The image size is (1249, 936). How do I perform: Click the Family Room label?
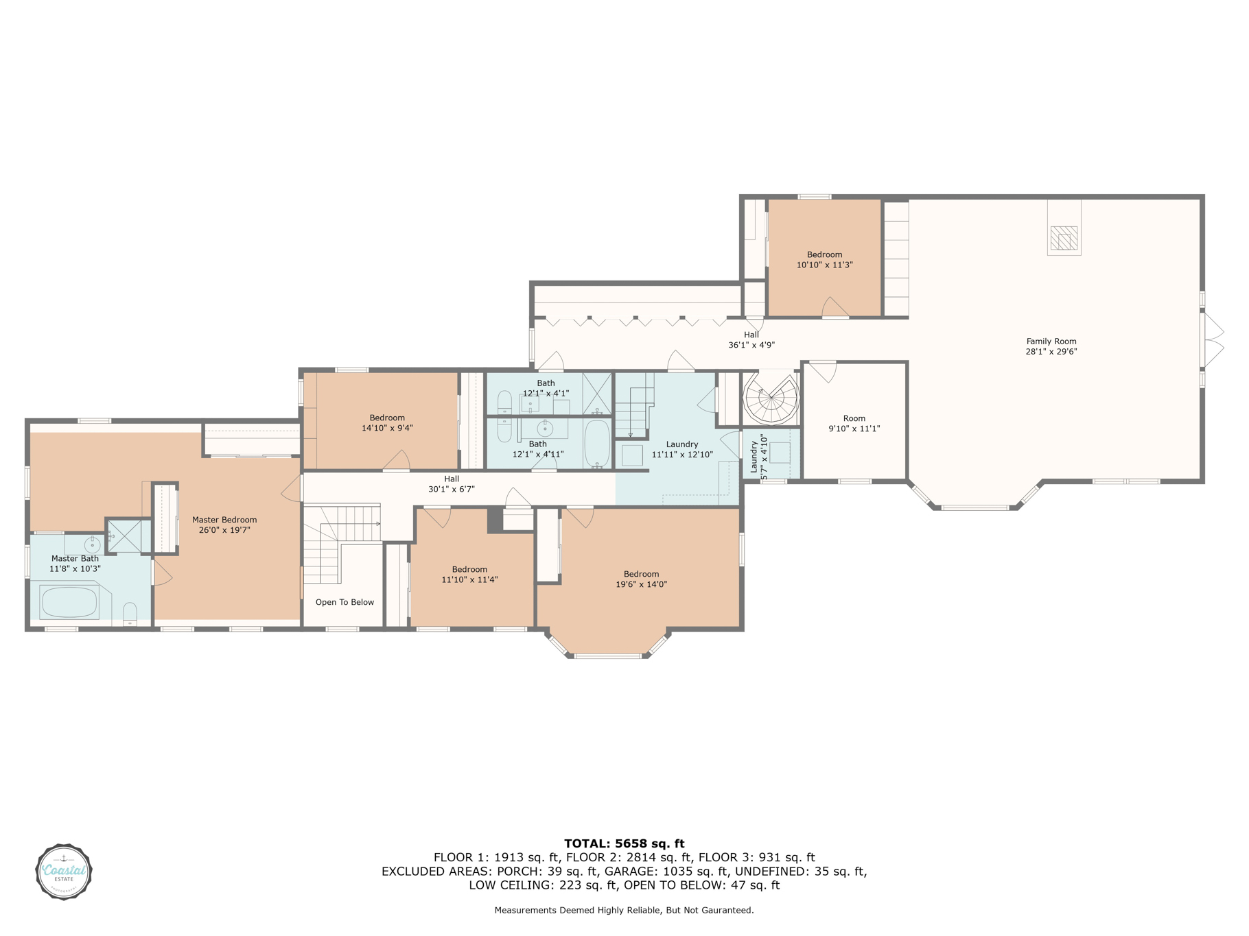[x=1051, y=346]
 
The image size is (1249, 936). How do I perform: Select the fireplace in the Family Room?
[x=1064, y=238]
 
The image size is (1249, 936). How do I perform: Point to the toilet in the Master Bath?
[x=130, y=614]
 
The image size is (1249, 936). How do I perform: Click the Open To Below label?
[x=345, y=602]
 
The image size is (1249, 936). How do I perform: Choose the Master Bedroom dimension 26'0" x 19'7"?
[x=224, y=530]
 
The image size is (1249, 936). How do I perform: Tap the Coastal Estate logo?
[x=64, y=872]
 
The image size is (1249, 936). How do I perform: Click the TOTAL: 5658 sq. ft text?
[x=624, y=843]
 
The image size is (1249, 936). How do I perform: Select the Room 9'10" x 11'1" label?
[x=854, y=423]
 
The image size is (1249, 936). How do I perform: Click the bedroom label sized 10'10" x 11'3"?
[x=824, y=259]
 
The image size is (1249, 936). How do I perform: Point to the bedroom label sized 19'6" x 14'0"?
[x=641, y=579]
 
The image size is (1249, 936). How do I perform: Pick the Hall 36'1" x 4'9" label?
[x=751, y=339]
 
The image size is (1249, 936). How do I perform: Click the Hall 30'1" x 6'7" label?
[x=452, y=483]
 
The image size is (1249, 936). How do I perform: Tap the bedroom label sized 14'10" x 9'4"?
[x=387, y=422]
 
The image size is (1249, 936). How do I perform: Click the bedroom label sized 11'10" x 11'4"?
[x=469, y=574]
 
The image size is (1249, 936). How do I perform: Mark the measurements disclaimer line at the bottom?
[x=624, y=910]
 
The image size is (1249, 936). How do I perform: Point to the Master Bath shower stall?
[x=124, y=536]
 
